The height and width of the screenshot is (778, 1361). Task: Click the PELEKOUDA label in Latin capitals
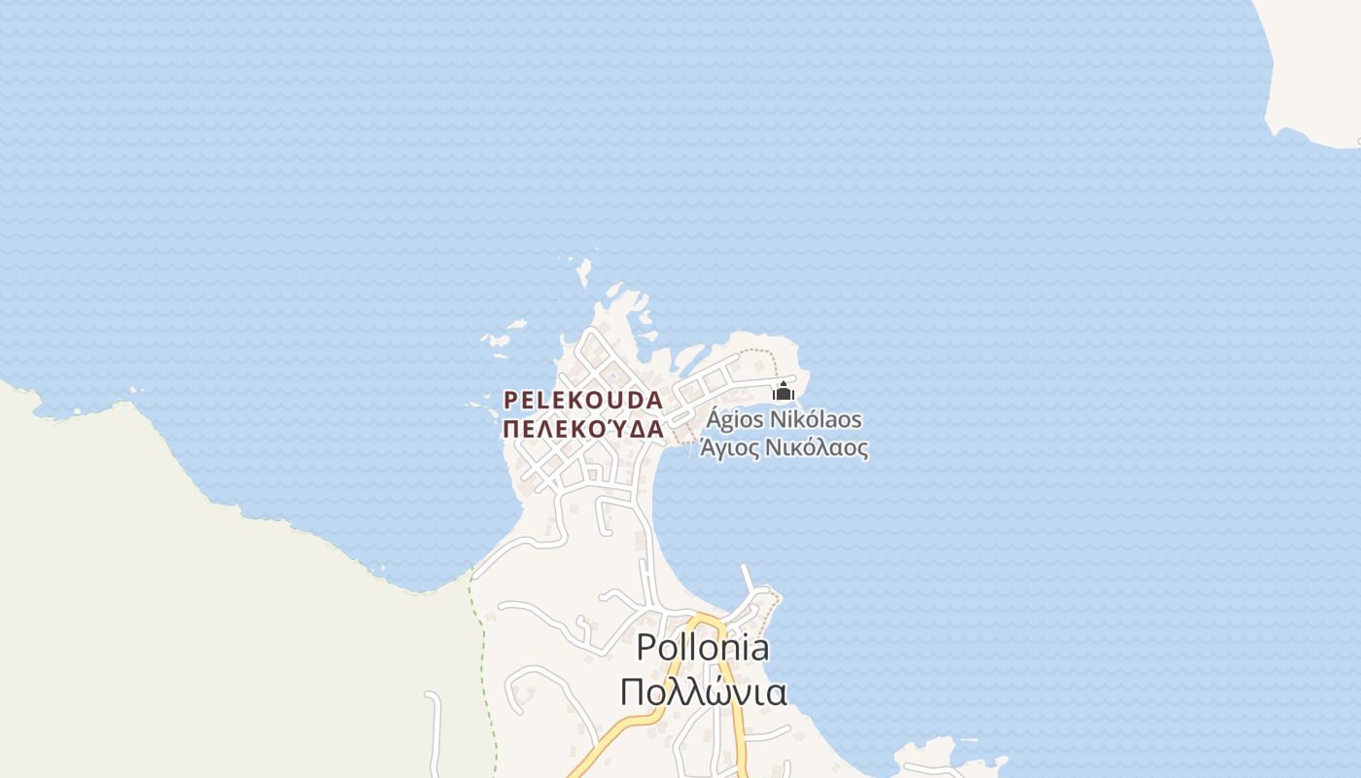tap(583, 400)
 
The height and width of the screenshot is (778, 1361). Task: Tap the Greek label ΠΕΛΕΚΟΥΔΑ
tap(583, 429)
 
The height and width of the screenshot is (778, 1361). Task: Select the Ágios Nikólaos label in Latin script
tap(784, 420)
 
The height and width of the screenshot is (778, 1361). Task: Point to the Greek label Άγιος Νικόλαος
tap(784, 448)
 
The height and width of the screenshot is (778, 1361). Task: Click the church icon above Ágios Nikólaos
tap(784, 392)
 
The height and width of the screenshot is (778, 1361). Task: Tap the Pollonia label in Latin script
tap(702, 648)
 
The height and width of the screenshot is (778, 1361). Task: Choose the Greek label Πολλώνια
tap(702, 691)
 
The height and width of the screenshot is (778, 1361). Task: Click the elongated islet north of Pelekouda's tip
tap(583, 270)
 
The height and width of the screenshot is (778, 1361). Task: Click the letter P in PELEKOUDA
tap(509, 400)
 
